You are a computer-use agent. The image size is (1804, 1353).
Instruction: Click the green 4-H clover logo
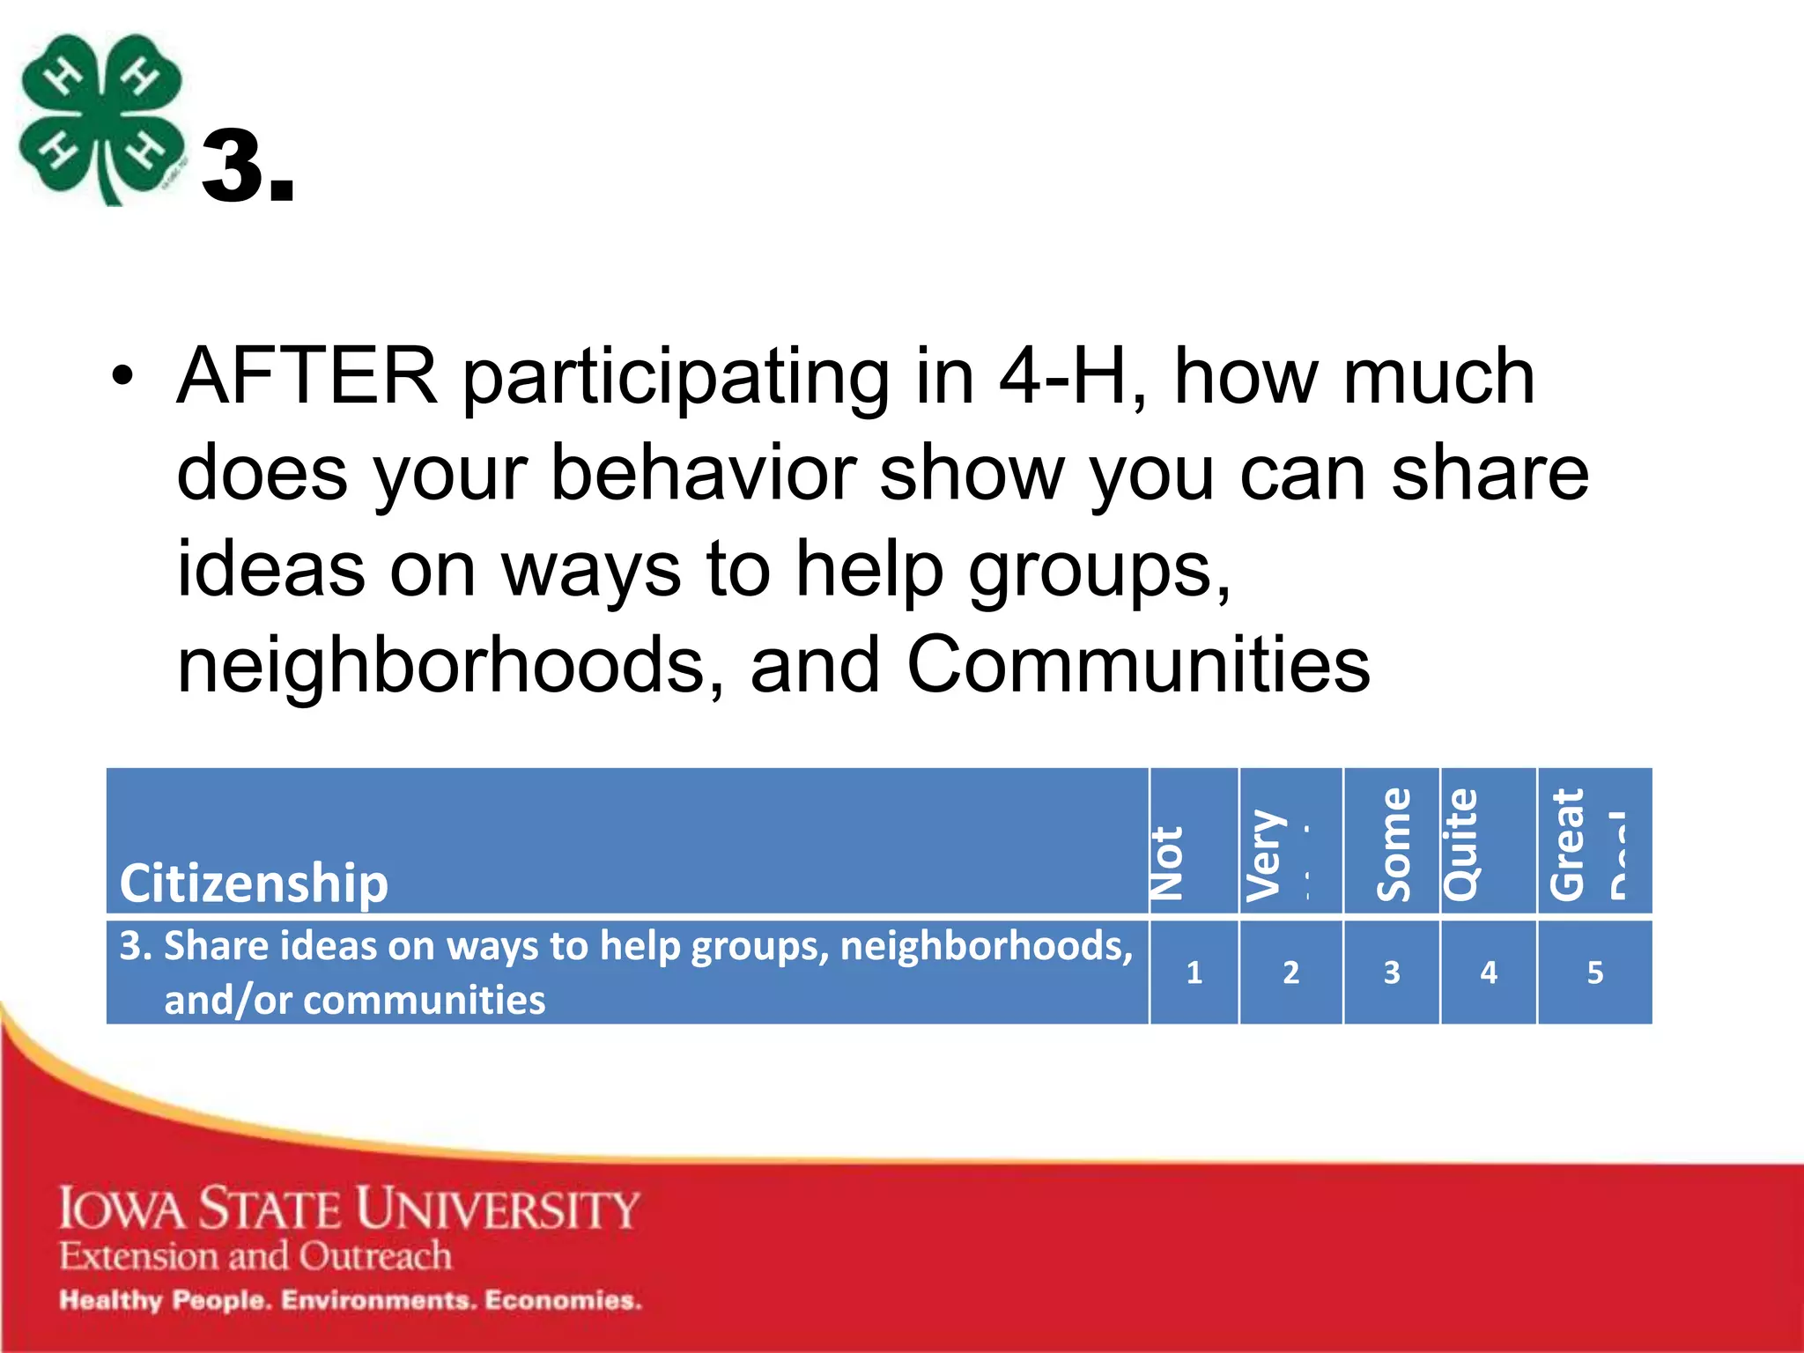click(101, 119)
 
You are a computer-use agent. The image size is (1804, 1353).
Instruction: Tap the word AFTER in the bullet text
click(307, 377)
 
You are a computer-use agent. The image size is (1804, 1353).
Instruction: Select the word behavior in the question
click(703, 473)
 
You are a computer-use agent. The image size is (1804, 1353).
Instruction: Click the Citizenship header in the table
click(254, 883)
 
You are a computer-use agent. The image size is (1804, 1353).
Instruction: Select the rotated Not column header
click(1168, 862)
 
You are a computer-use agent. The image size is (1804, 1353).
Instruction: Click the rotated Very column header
click(1265, 855)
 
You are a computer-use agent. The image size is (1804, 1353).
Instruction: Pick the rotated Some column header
click(1394, 845)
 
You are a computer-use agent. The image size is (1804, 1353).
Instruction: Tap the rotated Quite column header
click(1461, 845)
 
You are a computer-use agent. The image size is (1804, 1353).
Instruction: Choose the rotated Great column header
click(1568, 845)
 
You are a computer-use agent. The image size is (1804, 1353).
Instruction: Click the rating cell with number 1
click(1194, 972)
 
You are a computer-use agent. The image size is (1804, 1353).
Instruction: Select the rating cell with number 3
click(1391, 972)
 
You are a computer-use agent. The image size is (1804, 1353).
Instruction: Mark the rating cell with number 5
click(1594, 972)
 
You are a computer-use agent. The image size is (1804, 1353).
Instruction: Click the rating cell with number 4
click(1488, 972)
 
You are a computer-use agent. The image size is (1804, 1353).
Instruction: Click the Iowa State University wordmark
click(349, 1208)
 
